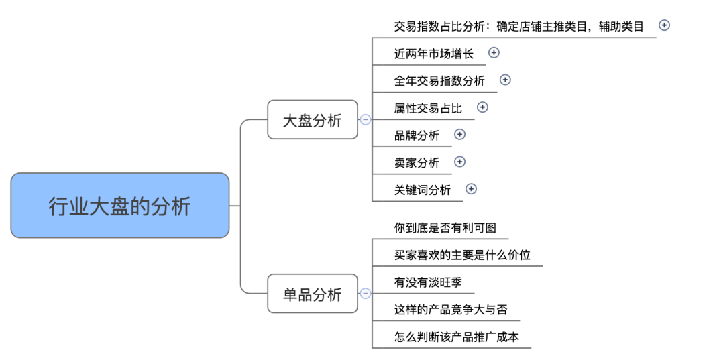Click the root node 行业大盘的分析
(119, 205)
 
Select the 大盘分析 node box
(313, 120)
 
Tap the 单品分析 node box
(313, 294)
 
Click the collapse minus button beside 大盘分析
(366, 120)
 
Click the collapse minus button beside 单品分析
(366, 294)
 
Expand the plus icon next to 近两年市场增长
(494, 52)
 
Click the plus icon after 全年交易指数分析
(505, 80)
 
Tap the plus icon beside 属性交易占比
(482, 107)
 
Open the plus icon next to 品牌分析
(459, 134)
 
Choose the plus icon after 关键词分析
(471, 189)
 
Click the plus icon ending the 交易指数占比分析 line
(664, 25)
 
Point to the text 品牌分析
(417, 135)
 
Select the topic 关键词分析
(423, 190)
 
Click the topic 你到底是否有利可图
(445, 228)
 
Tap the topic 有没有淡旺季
(428, 283)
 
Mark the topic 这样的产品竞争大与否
(451, 310)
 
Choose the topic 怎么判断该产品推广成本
(457, 337)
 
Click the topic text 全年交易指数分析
(439, 81)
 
